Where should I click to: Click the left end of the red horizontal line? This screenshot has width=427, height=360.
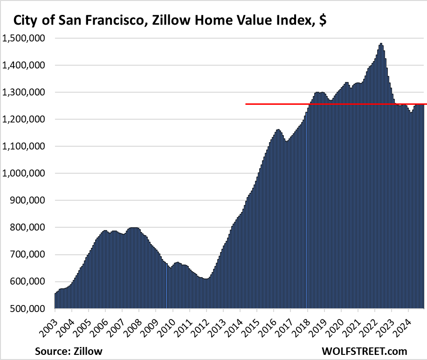(247, 104)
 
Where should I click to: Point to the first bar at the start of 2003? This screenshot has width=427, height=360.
(55, 301)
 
